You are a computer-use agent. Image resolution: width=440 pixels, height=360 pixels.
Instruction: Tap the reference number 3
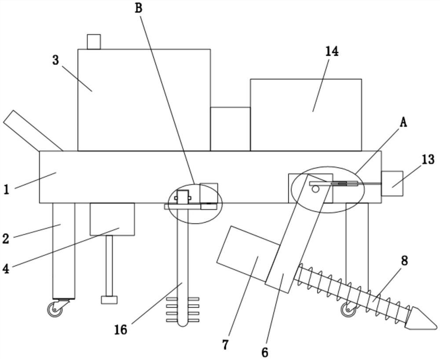[x=56, y=60]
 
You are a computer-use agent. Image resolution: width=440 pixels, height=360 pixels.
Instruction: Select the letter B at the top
[x=139, y=8]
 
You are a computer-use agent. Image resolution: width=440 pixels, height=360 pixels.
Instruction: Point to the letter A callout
[x=403, y=123]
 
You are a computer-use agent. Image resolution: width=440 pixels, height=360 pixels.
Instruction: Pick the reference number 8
[x=404, y=261]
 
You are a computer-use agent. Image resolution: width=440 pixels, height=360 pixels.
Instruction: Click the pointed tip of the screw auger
[x=437, y=326]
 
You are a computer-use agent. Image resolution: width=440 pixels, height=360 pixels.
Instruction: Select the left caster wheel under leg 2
[x=55, y=309]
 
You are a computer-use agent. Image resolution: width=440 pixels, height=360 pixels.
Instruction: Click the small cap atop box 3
[x=94, y=42]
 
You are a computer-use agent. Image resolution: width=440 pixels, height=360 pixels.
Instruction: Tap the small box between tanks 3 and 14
[x=231, y=129]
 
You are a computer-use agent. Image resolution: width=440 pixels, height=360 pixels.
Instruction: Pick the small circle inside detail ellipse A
[x=315, y=189]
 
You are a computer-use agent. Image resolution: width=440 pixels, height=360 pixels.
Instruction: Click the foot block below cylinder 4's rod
[x=109, y=300]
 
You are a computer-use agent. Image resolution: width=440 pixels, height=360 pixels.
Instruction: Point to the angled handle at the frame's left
[x=33, y=131]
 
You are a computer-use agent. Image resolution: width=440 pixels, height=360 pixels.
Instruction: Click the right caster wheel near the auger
[x=348, y=309]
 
